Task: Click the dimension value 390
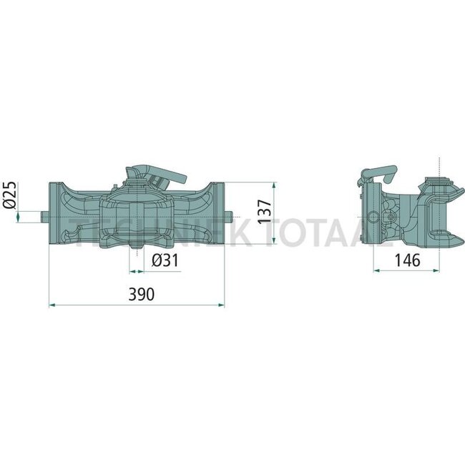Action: pyautogui.click(x=136, y=293)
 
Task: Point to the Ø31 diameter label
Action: pyautogui.click(x=166, y=261)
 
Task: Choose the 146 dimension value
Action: pyautogui.click(x=407, y=260)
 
